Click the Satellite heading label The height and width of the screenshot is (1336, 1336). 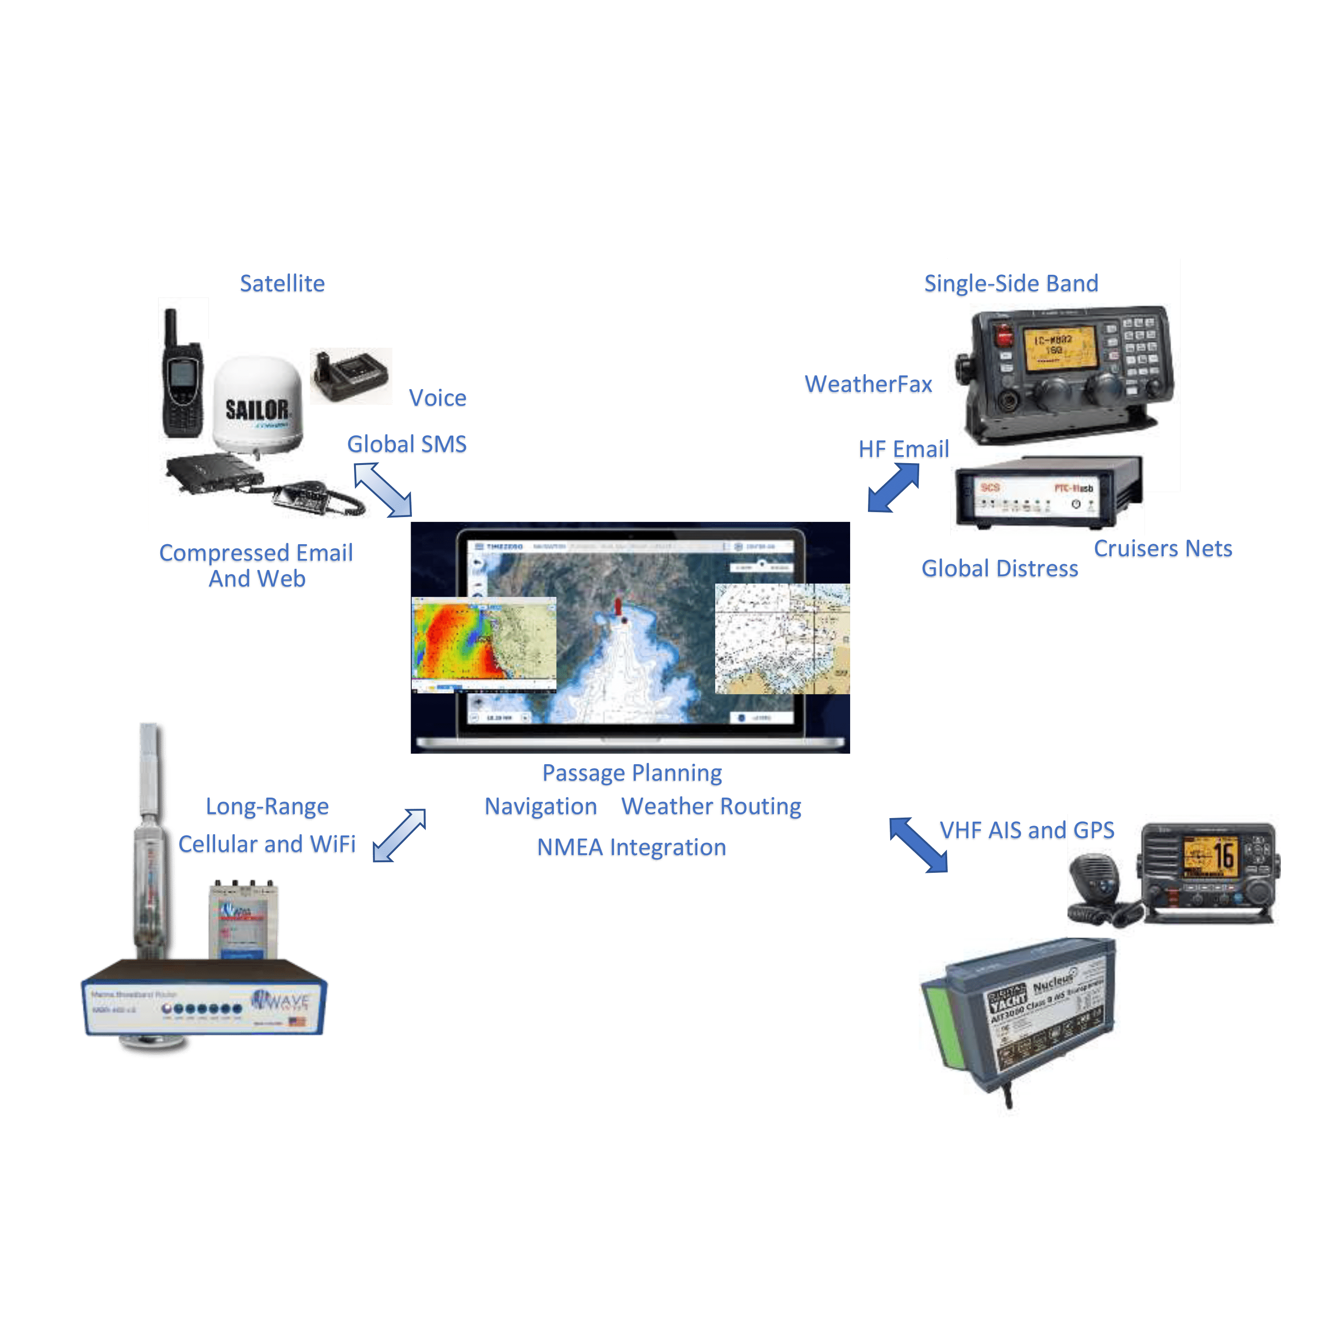coord(282,284)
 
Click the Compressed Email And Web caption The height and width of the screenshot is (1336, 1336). coord(257,566)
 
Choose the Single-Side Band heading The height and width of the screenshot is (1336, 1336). coord(1010,284)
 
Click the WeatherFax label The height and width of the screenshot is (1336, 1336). coord(868,385)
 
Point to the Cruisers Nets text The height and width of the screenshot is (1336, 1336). coord(1162,549)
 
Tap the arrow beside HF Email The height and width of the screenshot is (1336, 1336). coord(893,488)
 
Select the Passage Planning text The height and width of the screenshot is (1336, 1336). coord(631,773)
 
